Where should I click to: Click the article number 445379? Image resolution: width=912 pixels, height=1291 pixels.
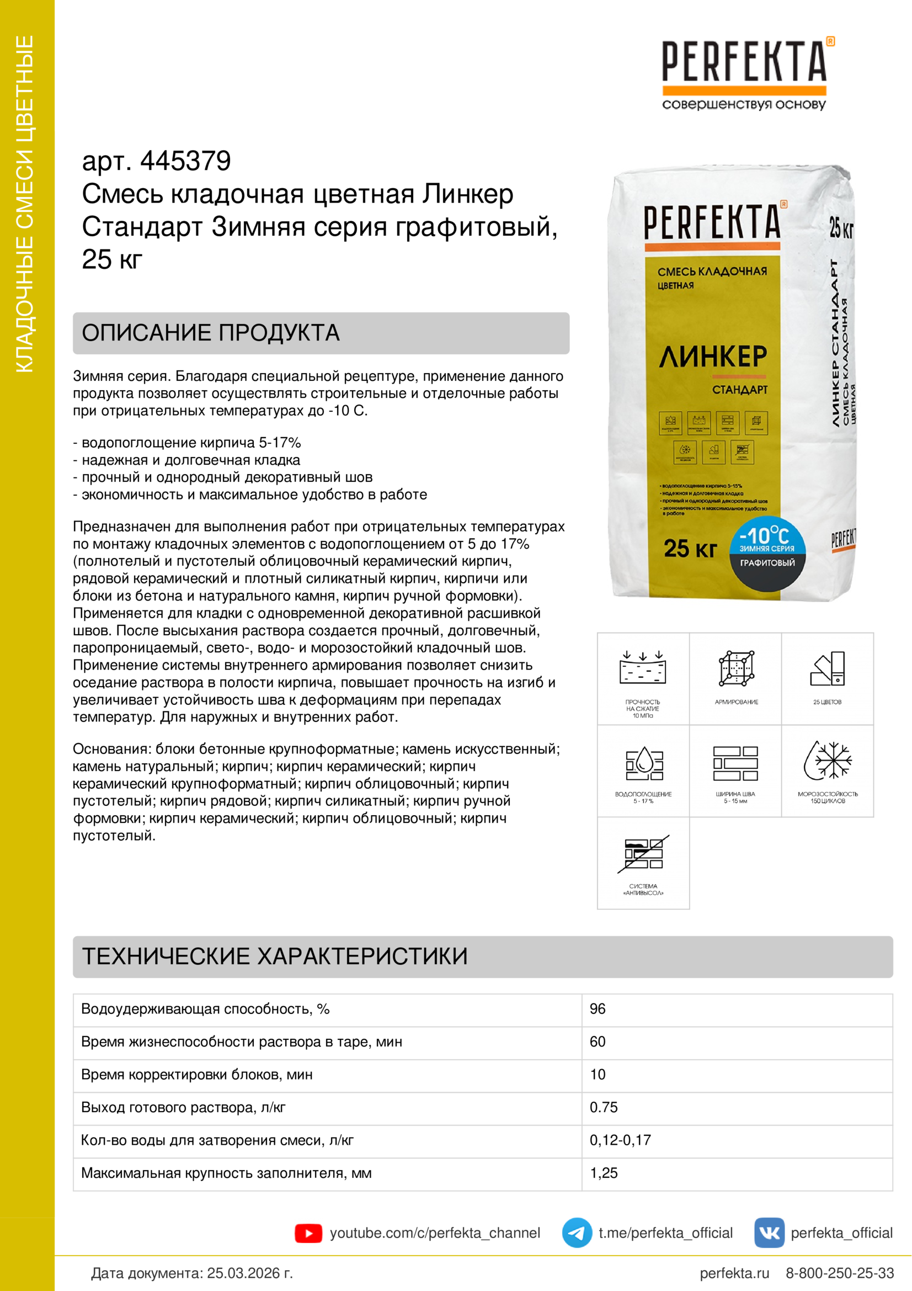click(x=185, y=161)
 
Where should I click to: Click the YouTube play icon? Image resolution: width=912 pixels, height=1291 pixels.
click(x=308, y=1233)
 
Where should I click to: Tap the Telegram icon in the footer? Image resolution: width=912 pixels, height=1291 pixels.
click(x=577, y=1232)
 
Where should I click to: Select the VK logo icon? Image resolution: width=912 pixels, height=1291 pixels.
click(x=769, y=1232)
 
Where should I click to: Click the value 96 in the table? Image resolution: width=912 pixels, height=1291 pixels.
click(x=598, y=1010)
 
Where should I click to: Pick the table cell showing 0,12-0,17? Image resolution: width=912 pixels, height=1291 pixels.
click(x=620, y=1140)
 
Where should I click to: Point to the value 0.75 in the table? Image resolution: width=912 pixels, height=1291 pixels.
click(x=604, y=1108)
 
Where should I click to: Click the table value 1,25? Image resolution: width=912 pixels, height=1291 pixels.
click(x=604, y=1173)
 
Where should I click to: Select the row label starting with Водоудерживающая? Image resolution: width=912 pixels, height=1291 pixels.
click(x=205, y=1010)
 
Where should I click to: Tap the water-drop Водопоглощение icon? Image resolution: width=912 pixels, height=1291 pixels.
click(x=644, y=763)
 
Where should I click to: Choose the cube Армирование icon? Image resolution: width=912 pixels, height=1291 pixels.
click(x=736, y=669)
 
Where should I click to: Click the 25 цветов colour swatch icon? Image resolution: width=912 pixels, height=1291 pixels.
click(x=828, y=669)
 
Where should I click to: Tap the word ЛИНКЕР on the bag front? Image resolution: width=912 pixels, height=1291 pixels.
click(x=712, y=357)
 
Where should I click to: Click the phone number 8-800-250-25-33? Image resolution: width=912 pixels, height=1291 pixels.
click(x=840, y=1273)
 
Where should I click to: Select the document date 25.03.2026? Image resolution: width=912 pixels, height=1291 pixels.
click(x=249, y=1273)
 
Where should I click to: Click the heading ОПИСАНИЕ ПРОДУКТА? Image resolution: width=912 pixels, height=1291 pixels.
click(x=211, y=333)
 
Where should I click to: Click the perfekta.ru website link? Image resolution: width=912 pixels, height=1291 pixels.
click(x=734, y=1273)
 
